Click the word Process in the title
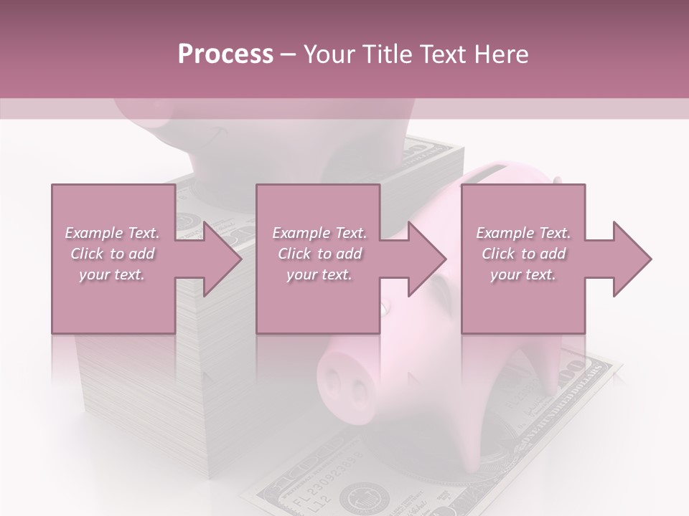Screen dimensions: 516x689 (225, 54)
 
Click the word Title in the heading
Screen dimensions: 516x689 (390, 54)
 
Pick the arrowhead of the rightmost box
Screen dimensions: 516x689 (632, 259)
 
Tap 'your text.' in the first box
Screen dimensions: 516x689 (112, 274)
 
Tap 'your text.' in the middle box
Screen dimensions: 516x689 (319, 274)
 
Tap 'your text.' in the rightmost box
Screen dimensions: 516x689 (523, 274)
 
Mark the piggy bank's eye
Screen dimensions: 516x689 (386, 309)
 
